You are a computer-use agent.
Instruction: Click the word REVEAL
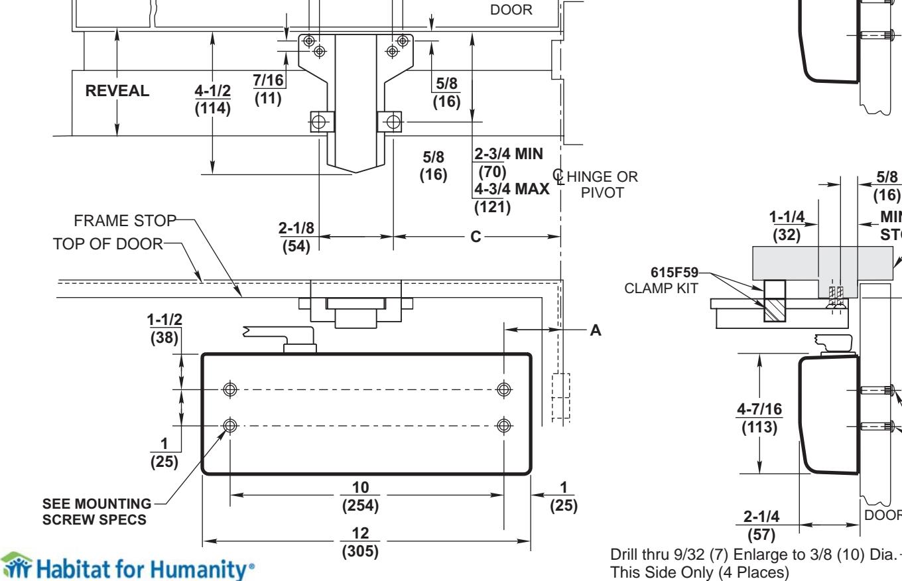[117, 92]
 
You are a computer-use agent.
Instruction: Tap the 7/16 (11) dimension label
[268, 88]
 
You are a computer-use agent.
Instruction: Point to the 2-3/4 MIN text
[509, 154]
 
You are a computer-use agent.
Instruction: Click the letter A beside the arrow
[595, 330]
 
